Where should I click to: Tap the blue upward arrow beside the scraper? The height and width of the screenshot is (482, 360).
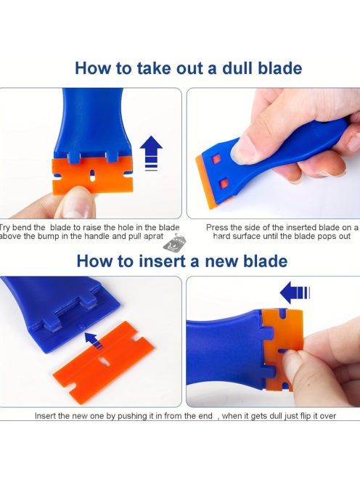(x=151, y=152)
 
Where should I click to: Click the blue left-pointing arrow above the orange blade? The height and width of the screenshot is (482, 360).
(x=295, y=293)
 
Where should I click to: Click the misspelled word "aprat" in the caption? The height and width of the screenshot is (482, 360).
(x=153, y=237)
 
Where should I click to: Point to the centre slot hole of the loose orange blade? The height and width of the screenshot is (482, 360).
(x=104, y=361)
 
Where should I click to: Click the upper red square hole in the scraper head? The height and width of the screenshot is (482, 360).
(x=216, y=159)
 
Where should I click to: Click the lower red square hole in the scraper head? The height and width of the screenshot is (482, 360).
(x=224, y=184)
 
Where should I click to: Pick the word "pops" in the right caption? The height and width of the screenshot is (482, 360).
(x=316, y=237)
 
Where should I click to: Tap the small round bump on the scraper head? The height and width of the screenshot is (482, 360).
(x=82, y=325)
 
